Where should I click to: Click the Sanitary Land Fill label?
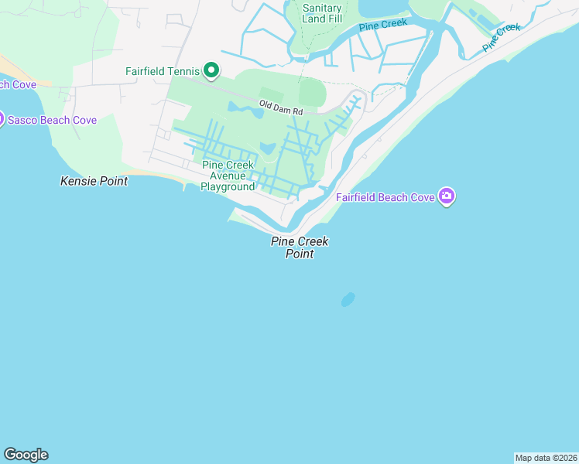[x=322, y=14]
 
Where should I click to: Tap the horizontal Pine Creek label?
[x=383, y=25]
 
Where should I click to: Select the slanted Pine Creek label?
[x=502, y=36]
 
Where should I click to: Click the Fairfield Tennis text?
[x=163, y=71]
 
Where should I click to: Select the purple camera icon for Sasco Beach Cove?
[x=1, y=119]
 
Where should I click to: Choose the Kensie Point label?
[x=94, y=180]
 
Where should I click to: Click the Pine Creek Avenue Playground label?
[x=228, y=176]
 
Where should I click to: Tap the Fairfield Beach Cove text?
[x=385, y=197]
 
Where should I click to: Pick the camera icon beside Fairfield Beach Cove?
[x=446, y=196]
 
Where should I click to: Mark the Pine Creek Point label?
[x=300, y=247]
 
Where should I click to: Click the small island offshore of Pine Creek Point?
[x=348, y=299]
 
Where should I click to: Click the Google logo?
[x=26, y=455]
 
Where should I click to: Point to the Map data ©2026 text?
[x=546, y=457]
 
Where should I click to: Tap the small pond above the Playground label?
[x=267, y=148]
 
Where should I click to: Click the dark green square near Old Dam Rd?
[x=311, y=92]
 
